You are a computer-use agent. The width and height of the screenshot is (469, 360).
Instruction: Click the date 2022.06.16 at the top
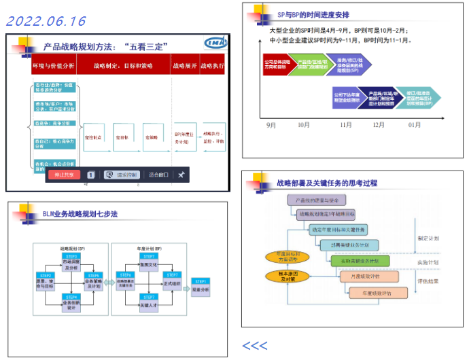tap(46, 22)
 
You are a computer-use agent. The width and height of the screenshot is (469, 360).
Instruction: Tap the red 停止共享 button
tap(65, 175)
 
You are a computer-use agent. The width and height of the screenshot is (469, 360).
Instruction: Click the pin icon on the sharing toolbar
tap(181, 175)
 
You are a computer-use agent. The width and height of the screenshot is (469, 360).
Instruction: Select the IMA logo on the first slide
tap(214, 44)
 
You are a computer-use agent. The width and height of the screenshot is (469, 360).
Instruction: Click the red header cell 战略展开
tap(184, 66)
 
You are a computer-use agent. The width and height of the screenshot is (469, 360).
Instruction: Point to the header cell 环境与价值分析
tap(54, 66)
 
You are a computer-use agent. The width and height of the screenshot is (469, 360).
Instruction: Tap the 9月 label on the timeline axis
tap(271, 125)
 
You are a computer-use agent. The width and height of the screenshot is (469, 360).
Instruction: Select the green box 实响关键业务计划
tap(359, 261)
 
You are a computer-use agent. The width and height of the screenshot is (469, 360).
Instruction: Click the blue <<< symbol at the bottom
tap(255, 346)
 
